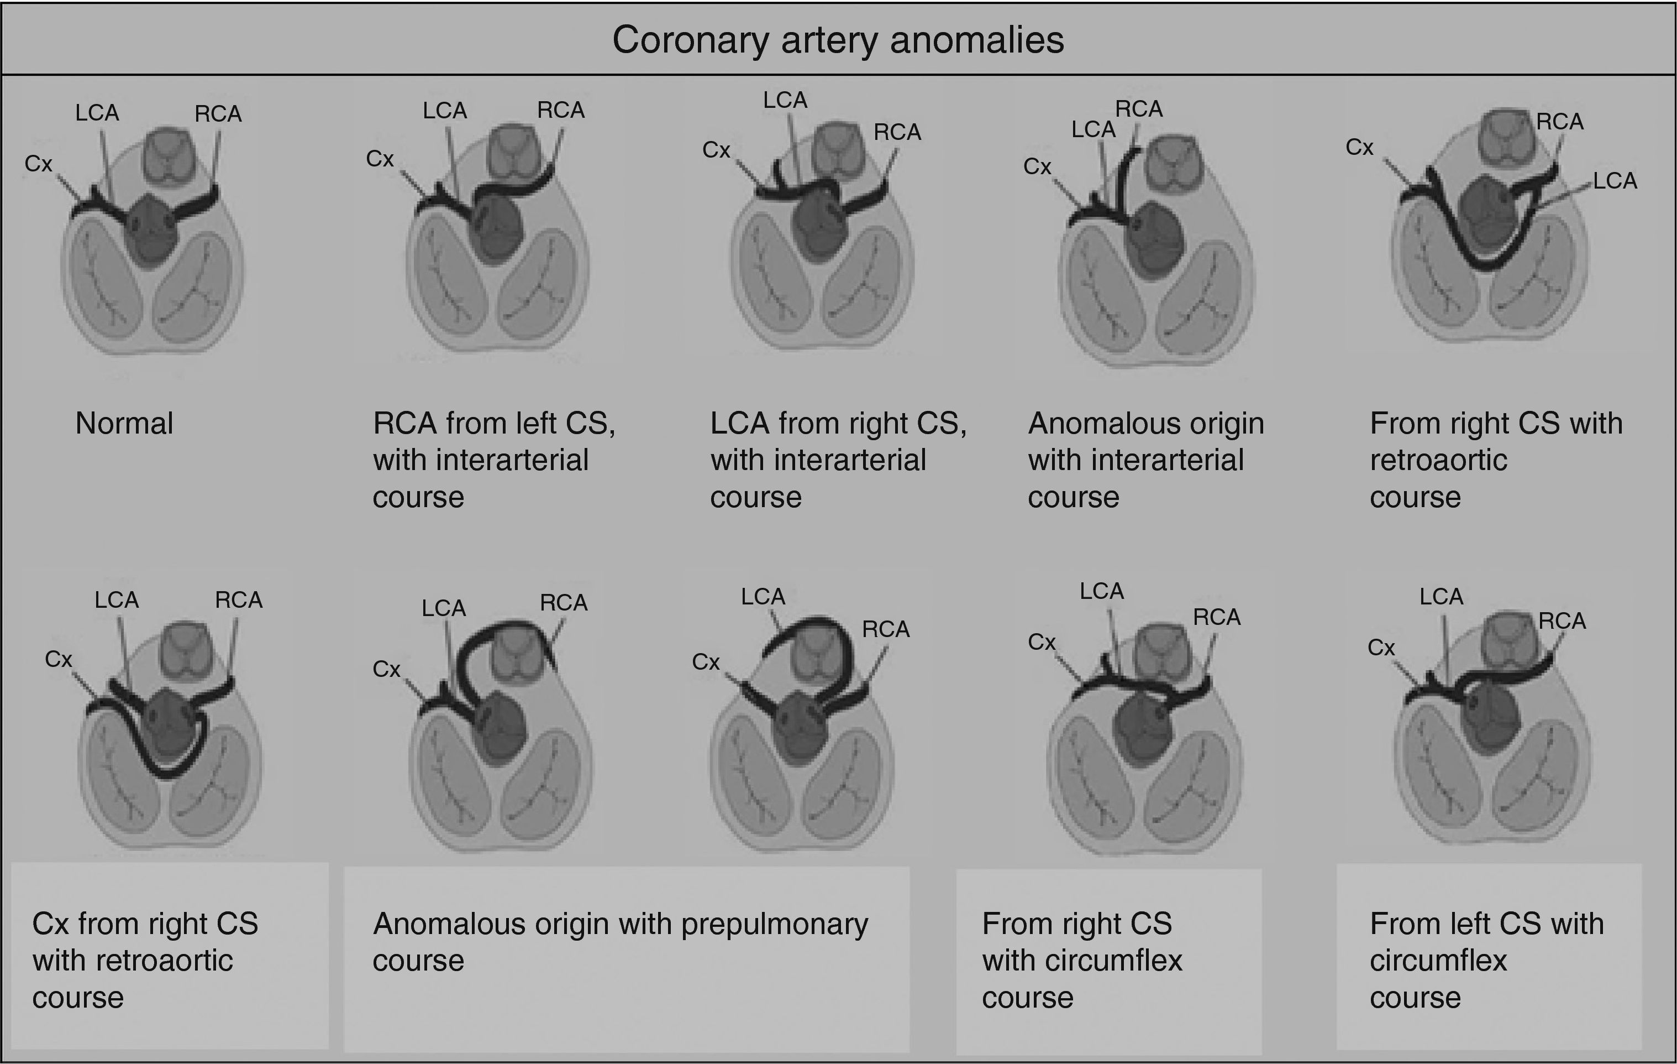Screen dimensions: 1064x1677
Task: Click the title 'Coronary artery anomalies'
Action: pos(838,40)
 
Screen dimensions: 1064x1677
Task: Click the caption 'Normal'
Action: pos(124,424)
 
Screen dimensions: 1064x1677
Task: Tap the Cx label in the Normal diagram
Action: pos(38,164)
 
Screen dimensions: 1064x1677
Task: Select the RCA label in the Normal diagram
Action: pos(218,113)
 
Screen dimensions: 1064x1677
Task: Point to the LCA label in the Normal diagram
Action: pos(97,112)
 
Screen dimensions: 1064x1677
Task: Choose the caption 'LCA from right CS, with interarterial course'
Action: pos(838,460)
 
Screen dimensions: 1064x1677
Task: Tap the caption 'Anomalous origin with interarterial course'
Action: pos(1145,460)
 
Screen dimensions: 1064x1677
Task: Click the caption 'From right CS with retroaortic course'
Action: pos(1495,460)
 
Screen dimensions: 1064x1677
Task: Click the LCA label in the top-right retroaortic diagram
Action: pos(1615,181)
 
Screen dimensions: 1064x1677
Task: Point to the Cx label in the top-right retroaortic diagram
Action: pos(1359,148)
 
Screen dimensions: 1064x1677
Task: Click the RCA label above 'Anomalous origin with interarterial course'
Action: pos(1139,109)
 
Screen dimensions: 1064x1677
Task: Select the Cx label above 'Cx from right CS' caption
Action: pos(59,659)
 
